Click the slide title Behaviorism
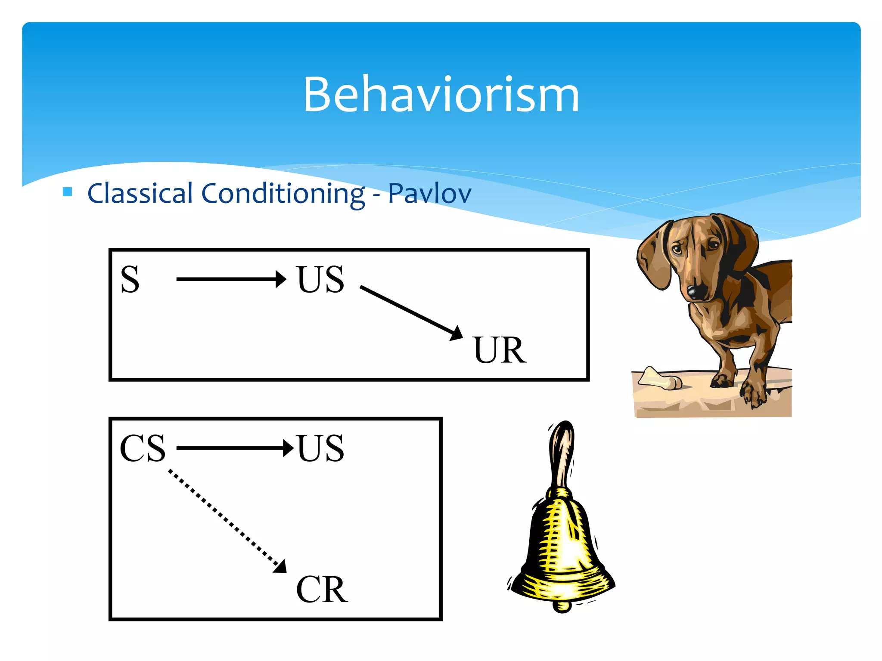point(441,95)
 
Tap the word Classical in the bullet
point(140,193)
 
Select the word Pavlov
point(429,194)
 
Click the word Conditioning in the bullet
point(283,194)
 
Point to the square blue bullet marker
point(68,192)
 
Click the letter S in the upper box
point(130,280)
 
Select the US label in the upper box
point(320,280)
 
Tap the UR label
point(500,350)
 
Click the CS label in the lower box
point(143,448)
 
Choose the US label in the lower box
point(320,448)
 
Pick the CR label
point(322,590)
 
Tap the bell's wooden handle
point(562,456)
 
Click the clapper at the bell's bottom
point(562,606)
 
